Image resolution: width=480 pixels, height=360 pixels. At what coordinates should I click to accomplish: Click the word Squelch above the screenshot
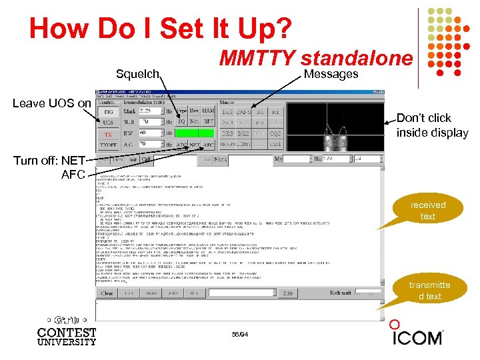pyautogui.click(x=137, y=73)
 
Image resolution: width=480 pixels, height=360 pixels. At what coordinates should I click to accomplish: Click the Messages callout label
pyautogui.click(x=331, y=74)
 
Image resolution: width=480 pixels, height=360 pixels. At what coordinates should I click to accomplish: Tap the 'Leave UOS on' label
pyautogui.click(x=51, y=103)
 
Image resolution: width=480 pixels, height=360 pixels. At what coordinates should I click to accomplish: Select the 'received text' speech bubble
pyautogui.click(x=427, y=211)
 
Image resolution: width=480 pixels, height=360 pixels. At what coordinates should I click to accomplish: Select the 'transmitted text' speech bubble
pyautogui.click(x=429, y=291)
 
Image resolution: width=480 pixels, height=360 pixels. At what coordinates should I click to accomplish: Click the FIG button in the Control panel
pyautogui.click(x=107, y=112)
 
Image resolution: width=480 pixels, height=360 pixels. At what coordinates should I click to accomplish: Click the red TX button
pyautogui.click(x=107, y=133)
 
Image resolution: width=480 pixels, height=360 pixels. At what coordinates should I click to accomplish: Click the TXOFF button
pyautogui.click(x=107, y=144)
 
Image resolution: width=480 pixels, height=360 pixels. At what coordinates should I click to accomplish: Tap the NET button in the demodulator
pyautogui.click(x=194, y=144)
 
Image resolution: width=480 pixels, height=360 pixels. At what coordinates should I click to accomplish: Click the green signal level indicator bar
pyautogui.click(x=195, y=133)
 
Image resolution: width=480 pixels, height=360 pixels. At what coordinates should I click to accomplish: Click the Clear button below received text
pyautogui.click(x=107, y=293)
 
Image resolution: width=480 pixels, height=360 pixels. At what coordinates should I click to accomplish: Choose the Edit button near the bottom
pyautogui.click(x=288, y=293)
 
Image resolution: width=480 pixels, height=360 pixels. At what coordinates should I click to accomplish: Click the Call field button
pyautogui.click(x=146, y=159)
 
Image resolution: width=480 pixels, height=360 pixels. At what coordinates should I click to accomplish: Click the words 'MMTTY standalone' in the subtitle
pyautogui.click(x=316, y=58)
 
